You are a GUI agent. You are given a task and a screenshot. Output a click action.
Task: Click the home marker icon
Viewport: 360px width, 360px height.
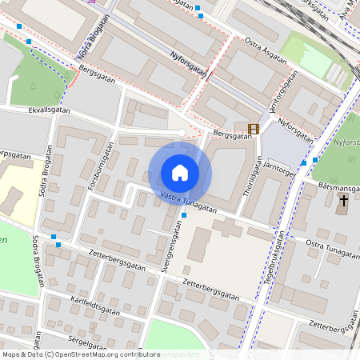coord(180,173)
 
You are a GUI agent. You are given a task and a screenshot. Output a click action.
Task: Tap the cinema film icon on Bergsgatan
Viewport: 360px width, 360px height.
coord(254,129)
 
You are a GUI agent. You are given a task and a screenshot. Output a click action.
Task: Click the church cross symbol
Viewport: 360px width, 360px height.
coord(343,201)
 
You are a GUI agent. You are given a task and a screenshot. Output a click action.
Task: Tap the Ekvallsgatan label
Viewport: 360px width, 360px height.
coord(49,111)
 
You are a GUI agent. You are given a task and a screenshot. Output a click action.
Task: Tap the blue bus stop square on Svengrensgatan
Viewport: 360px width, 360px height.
coord(184,215)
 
